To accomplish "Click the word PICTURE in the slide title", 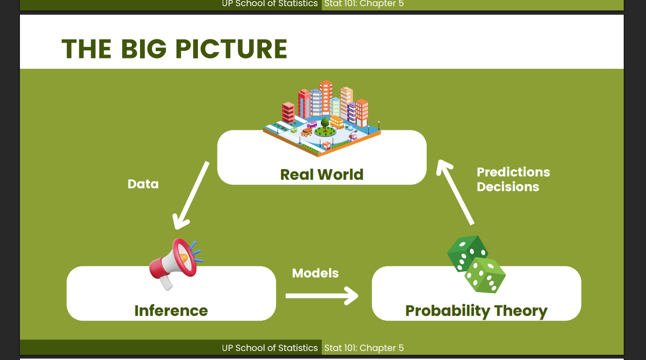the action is [231, 49].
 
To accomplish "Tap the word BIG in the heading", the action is [143, 49].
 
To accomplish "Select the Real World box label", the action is [321, 175].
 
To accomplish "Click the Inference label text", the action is [171, 311].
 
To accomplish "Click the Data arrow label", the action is [143, 184].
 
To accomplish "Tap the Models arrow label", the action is [315, 273].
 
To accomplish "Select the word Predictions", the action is [514, 172].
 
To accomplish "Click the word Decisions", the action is [508, 187].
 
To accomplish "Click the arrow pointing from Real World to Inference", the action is [191, 195].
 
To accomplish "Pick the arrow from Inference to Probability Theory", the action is [322, 296].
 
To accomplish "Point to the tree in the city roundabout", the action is [325, 125].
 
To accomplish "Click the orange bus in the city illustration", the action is [337, 122].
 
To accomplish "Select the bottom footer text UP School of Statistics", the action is [270, 348].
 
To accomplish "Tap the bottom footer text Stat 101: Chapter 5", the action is [364, 348].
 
